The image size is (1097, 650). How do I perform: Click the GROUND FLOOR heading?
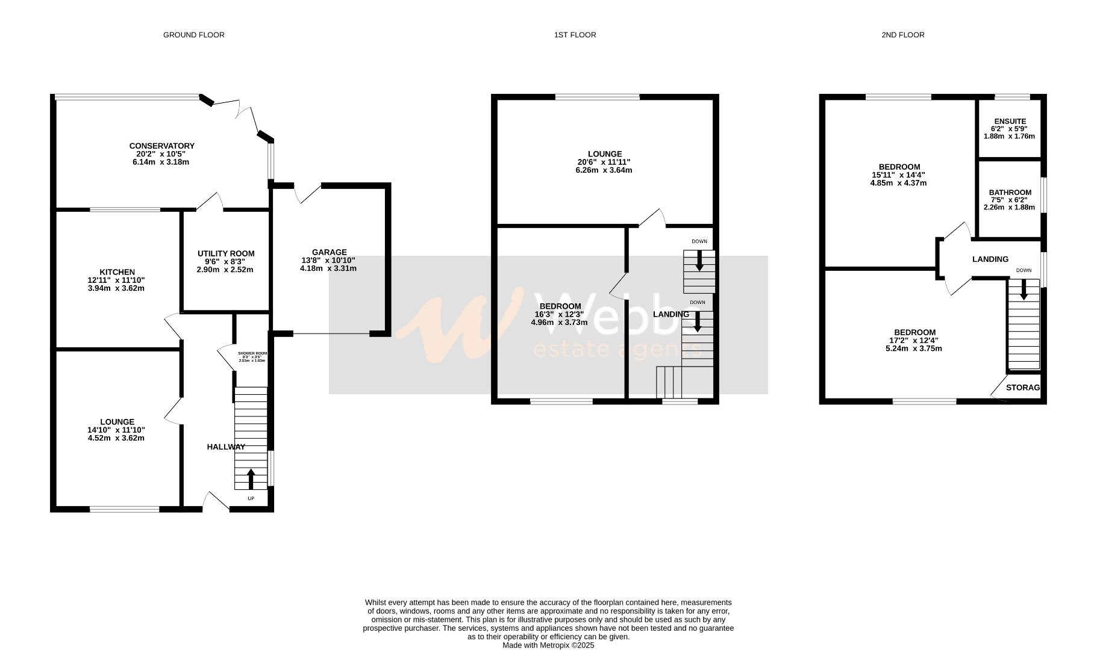pyautogui.click(x=193, y=35)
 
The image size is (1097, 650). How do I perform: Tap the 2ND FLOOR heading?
pyautogui.click(x=902, y=35)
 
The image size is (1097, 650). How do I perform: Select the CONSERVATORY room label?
pyautogui.click(x=161, y=146)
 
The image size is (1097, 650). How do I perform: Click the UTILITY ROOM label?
pyautogui.click(x=226, y=254)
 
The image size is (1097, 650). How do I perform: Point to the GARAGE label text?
pyautogui.click(x=329, y=252)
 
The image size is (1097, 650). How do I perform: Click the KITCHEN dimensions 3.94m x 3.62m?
pyautogui.click(x=116, y=288)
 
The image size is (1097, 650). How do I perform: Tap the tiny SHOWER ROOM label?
pyautogui.click(x=252, y=354)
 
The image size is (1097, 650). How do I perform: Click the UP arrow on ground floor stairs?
pyautogui.click(x=251, y=479)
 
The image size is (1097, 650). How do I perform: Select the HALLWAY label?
pyautogui.click(x=226, y=447)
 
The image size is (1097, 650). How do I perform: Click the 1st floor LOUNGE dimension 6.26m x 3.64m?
pyautogui.click(x=604, y=170)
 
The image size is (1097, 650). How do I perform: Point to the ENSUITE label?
pyautogui.click(x=1010, y=122)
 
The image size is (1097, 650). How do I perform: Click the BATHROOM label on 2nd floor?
pyautogui.click(x=1010, y=193)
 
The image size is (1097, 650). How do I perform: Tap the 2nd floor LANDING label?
pyautogui.click(x=990, y=259)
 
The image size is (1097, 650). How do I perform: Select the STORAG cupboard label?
pyautogui.click(x=1022, y=388)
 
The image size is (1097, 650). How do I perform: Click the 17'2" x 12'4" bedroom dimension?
pyautogui.click(x=914, y=341)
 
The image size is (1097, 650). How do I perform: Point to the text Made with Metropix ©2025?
pyautogui.click(x=548, y=645)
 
